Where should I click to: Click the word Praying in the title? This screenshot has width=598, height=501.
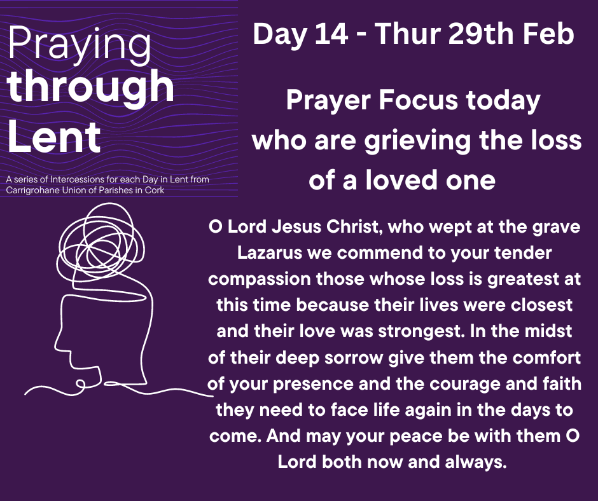[x=80, y=46]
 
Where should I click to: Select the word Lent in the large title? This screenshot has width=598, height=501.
[x=54, y=137]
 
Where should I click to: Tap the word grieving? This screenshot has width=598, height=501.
[x=417, y=141]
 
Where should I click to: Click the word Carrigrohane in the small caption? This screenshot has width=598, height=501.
[x=32, y=190]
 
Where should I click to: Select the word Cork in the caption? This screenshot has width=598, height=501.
[x=155, y=190]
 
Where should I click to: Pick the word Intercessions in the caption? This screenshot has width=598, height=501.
[x=72, y=179]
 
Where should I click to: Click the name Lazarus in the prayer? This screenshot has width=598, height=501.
[x=270, y=253]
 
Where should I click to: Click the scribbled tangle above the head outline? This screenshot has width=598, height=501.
[x=101, y=244]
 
